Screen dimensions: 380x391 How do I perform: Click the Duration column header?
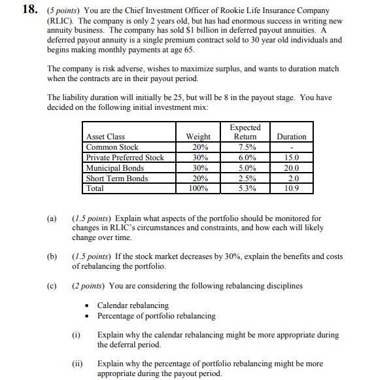click(x=292, y=137)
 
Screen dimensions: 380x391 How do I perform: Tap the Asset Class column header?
click(x=105, y=137)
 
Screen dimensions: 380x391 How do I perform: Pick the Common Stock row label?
click(x=112, y=147)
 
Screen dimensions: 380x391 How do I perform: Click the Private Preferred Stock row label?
click(x=125, y=158)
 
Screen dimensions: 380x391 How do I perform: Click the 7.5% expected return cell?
click(x=245, y=147)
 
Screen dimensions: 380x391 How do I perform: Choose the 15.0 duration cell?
click(x=292, y=158)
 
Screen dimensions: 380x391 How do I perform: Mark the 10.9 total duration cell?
click(x=292, y=188)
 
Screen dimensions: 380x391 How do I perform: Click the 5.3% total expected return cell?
click(x=245, y=188)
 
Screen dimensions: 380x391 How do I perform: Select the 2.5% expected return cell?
click(x=245, y=178)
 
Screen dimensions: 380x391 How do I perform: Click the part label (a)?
click(x=52, y=218)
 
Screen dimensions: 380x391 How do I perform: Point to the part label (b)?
click(x=52, y=257)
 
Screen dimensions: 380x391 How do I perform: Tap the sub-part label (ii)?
click(x=77, y=363)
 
